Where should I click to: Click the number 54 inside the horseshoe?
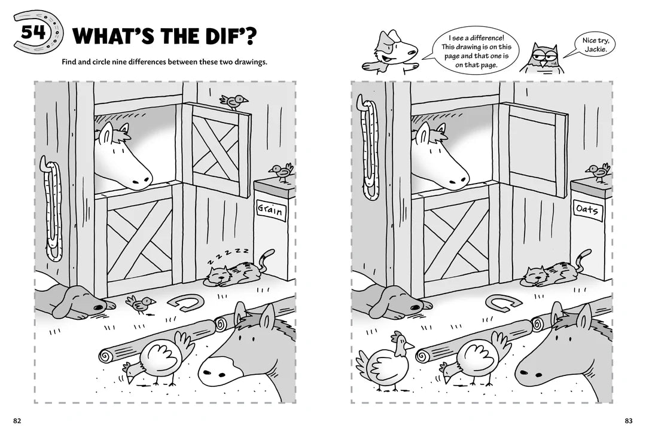click(33, 32)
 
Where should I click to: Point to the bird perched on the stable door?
click(234, 101)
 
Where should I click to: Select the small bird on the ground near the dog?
click(141, 304)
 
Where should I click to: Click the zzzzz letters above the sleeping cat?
click(228, 255)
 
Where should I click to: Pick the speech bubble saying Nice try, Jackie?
click(595, 45)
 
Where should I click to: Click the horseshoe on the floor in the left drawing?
click(185, 302)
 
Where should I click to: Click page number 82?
click(17, 420)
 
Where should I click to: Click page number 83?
click(628, 420)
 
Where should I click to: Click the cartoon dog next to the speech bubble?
click(391, 51)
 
